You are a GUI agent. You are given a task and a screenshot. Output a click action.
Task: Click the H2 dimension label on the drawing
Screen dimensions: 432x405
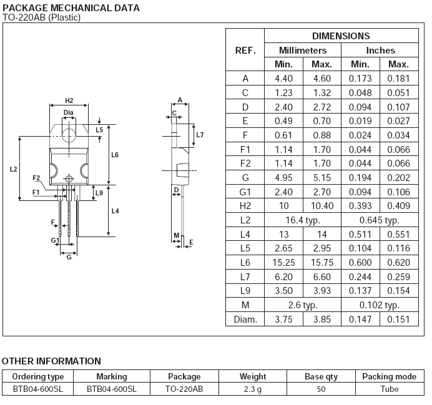pyautogui.click(x=69, y=100)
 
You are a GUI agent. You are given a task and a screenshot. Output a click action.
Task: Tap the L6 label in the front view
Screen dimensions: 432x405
pyautogui.click(x=115, y=155)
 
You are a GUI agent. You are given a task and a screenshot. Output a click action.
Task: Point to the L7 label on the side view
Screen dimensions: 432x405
pyautogui.click(x=200, y=135)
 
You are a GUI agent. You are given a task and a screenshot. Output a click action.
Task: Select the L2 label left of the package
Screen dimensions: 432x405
pyautogui.click(x=13, y=169)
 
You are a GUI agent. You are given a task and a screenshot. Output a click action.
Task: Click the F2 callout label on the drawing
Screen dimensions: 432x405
pyautogui.click(x=36, y=178)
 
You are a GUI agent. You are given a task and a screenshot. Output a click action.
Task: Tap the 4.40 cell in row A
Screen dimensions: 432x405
pyautogui.click(x=283, y=79)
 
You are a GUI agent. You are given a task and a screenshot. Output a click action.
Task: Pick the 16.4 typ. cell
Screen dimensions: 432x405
pyautogui.click(x=303, y=220)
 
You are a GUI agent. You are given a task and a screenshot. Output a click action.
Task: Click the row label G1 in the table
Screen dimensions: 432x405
pyautogui.click(x=245, y=192)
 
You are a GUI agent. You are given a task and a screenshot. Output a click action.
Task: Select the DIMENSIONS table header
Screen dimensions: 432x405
pyautogui.click(x=341, y=36)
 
